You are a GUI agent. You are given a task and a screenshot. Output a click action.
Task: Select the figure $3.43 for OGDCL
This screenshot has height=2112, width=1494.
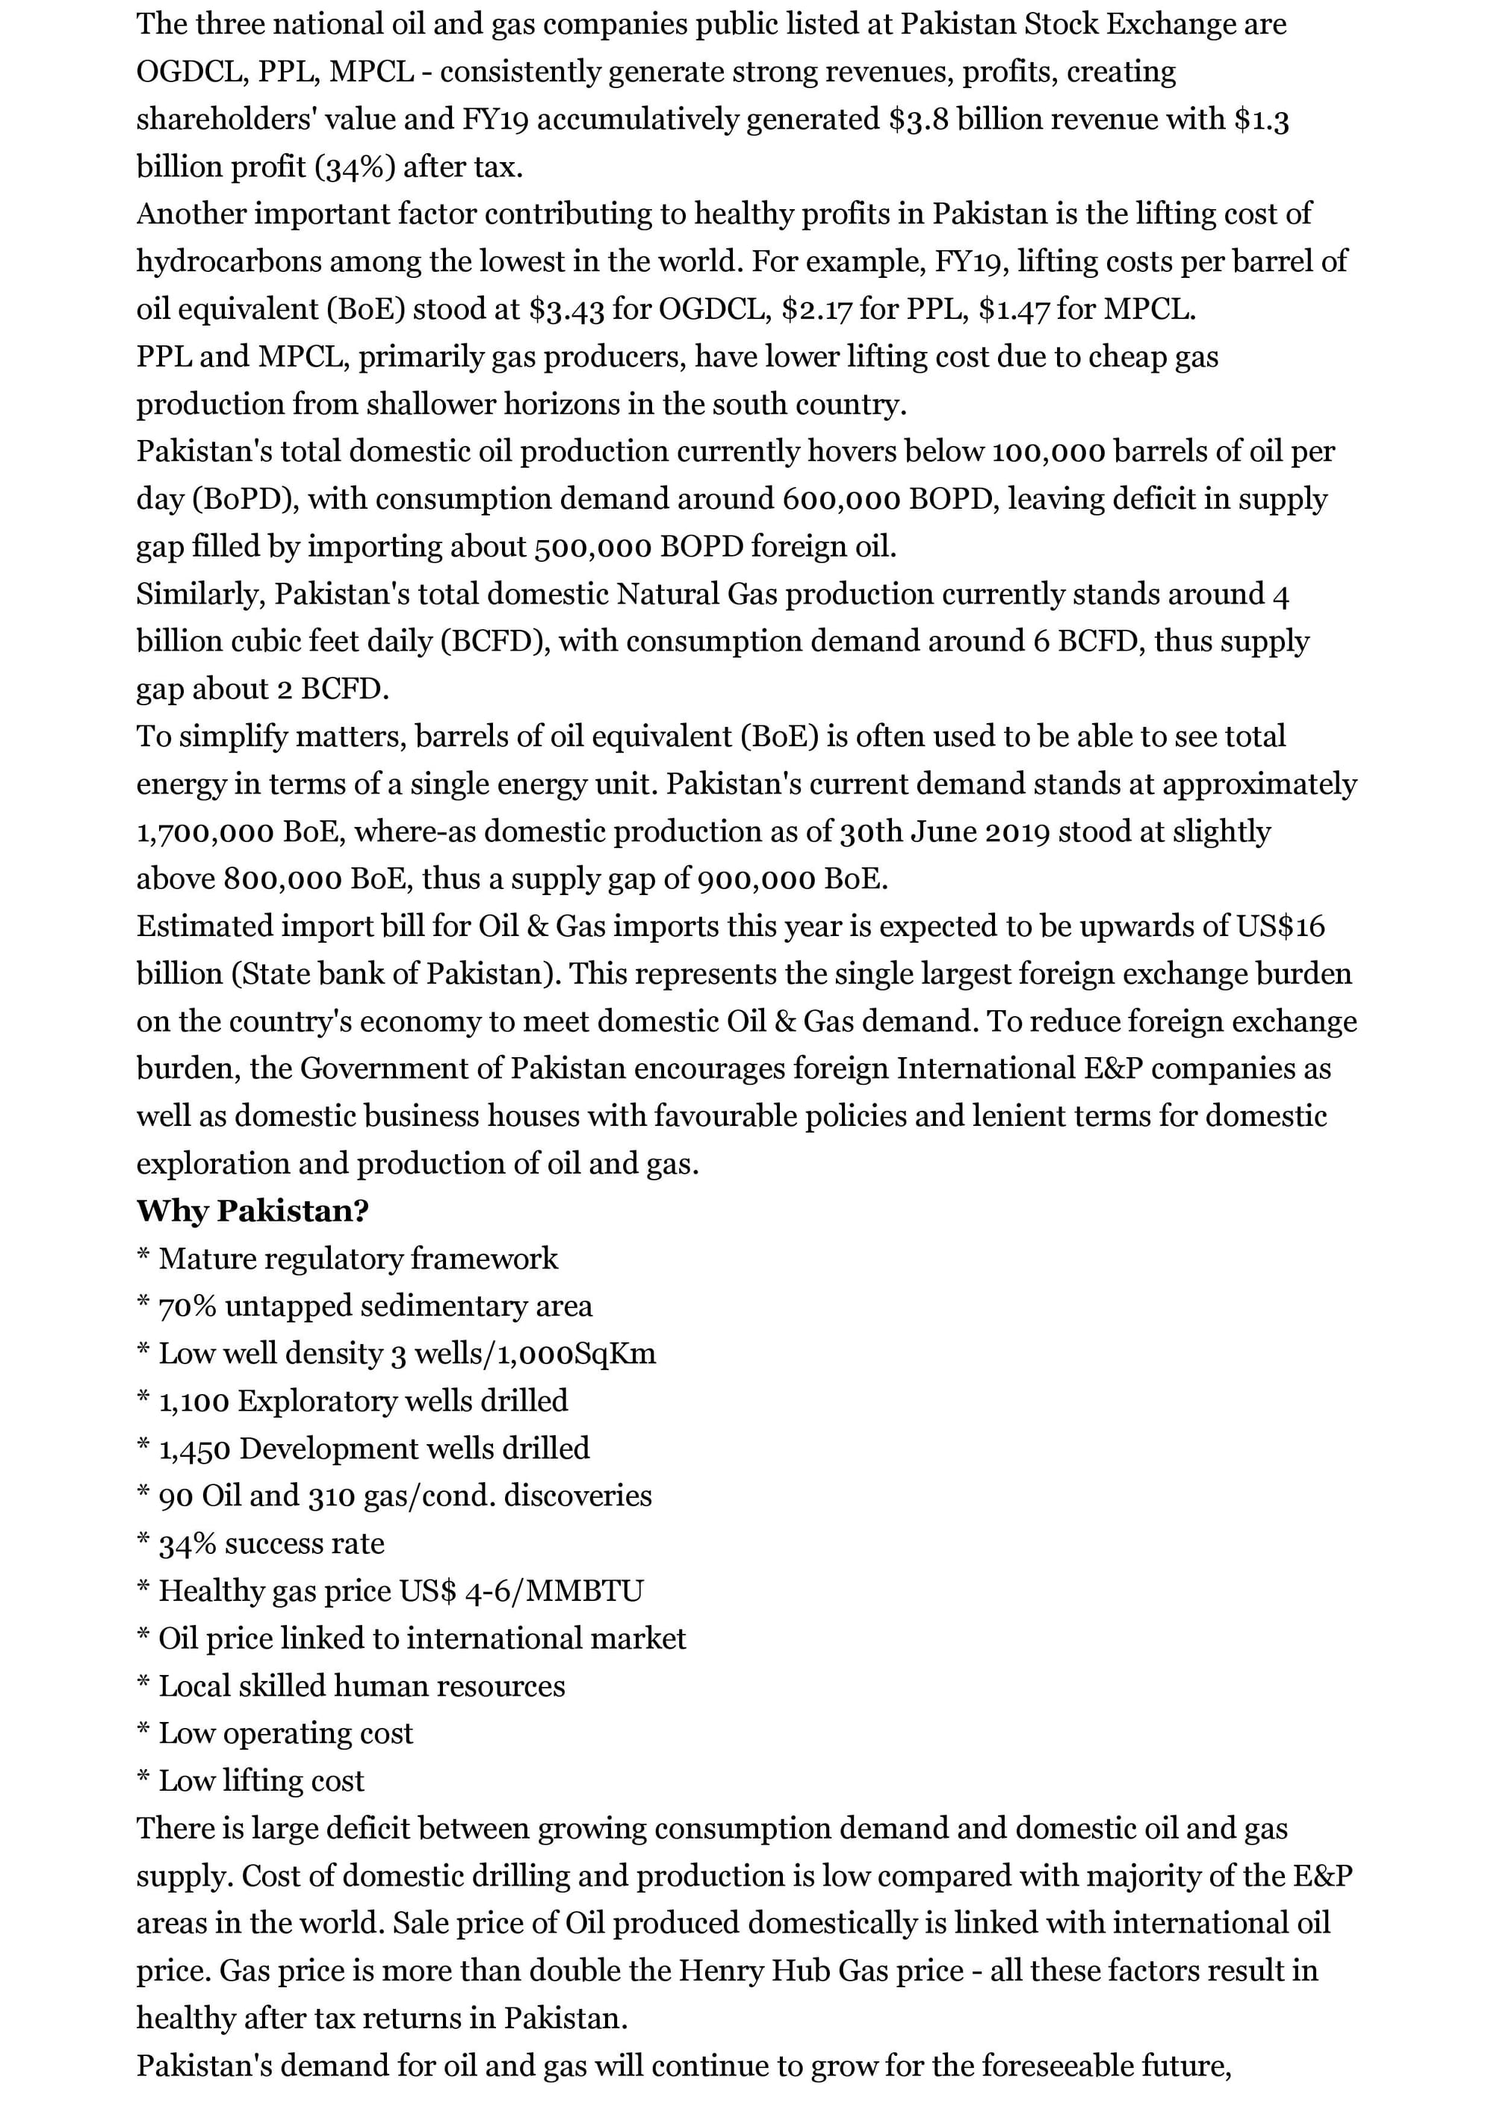tap(567, 309)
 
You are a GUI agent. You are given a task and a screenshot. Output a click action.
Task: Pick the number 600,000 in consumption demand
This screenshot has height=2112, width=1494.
tap(842, 500)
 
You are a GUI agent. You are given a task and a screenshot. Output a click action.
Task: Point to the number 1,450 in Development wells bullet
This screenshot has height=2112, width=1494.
tap(195, 1449)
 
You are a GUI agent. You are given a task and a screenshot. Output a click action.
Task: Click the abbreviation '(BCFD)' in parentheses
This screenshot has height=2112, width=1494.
tap(495, 641)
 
